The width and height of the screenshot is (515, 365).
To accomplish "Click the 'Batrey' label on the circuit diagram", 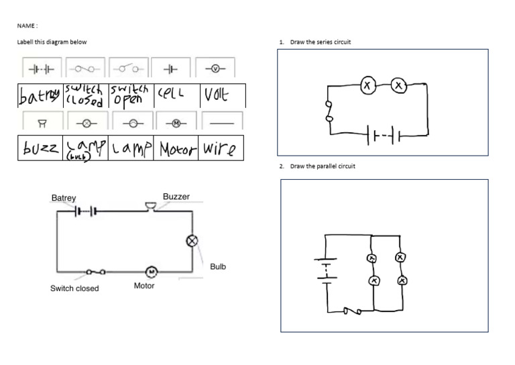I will pyautogui.click(x=64, y=198).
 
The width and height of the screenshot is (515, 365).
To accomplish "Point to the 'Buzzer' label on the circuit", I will pyautogui.click(x=176, y=197).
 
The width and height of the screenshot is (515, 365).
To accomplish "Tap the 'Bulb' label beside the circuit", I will pyautogui.click(x=218, y=266).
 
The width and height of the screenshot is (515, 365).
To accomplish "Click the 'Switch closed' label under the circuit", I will pyautogui.click(x=74, y=289).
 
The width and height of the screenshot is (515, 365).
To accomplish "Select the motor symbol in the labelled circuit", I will pyautogui.click(x=151, y=271).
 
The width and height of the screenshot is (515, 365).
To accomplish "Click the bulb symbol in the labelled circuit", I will pyautogui.click(x=192, y=241).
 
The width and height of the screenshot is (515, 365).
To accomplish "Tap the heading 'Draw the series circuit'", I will pyautogui.click(x=320, y=42).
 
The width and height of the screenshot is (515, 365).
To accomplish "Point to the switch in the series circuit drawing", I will pyautogui.click(x=329, y=111).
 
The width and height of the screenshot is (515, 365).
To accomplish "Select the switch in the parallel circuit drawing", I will pyautogui.click(x=353, y=311).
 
